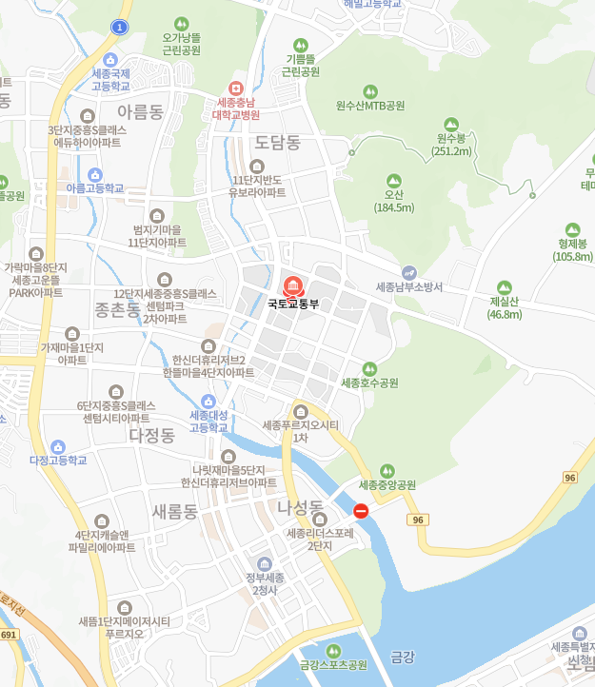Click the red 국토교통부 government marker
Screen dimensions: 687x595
pyautogui.click(x=292, y=285)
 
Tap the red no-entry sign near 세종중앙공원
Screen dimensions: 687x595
pyautogui.click(x=361, y=511)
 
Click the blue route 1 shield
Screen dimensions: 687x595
pyautogui.click(x=118, y=27)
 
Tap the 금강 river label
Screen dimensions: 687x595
pyautogui.click(x=403, y=657)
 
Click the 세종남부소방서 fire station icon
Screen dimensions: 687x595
pyautogui.click(x=409, y=272)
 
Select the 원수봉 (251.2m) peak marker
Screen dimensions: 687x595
pyautogui.click(x=452, y=124)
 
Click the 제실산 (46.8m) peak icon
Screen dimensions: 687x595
pyautogui.click(x=504, y=287)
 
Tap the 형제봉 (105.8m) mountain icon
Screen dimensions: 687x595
pyautogui.click(x=572, y=229)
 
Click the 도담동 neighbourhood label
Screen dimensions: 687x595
pyautogui.click(x=277, y=143)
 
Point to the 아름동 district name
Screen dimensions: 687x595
pyautogui.click(x=140, y=112)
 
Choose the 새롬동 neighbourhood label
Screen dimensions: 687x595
pyautogui.click(x=174, y=512)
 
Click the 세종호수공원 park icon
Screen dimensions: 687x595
pyautogui.click(x=369, y=368)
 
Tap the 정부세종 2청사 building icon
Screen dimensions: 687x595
pyautogui.click(x=265, y=564)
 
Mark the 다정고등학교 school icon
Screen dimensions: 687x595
pyautogui.click(x=58, y=446)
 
